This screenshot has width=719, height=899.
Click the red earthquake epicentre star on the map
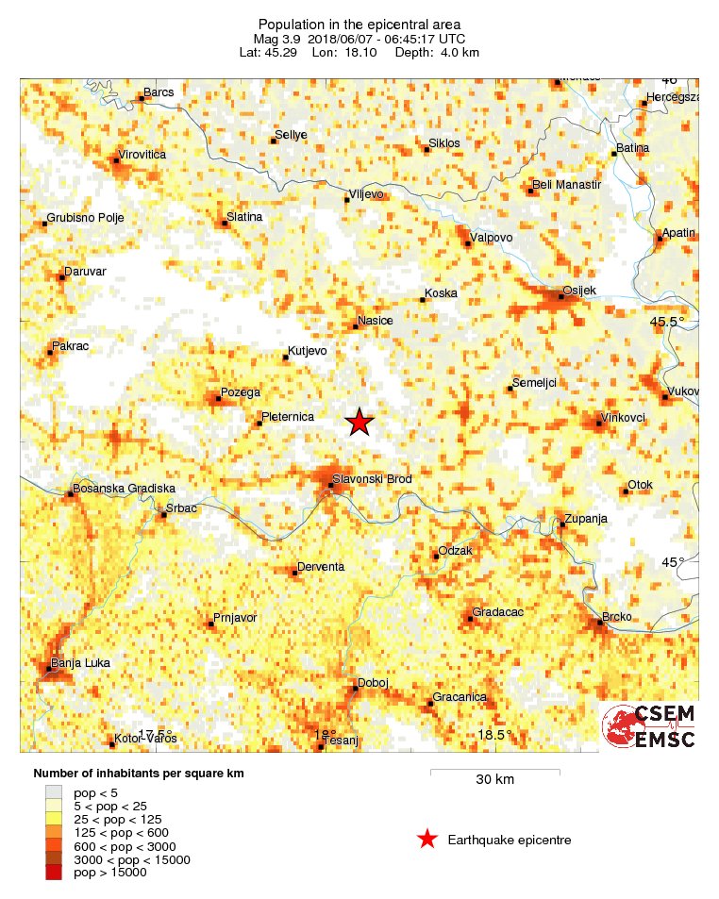(x=359, y=423)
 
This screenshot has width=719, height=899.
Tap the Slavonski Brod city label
(x=371, y=479)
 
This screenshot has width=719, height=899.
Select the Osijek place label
(x=579, y=290)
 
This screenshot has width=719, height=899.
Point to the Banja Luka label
(x=79, y=663)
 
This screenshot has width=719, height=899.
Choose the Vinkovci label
(x=624, y=417)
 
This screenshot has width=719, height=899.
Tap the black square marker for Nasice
(x=356, y=326)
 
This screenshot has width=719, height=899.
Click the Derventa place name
(x=321, y=567)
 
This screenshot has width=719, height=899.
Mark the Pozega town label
(x=240, y=392)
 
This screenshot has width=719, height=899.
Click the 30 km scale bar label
(x=494, y=780)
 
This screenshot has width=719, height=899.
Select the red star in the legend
(x=427, y=839)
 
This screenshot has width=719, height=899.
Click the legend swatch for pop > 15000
(x=54, y=874)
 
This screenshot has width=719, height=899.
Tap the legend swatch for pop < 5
(x=54, y=793)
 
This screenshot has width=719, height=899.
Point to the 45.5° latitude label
(x=668, y=323)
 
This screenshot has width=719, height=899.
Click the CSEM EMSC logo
(x=649, y=725)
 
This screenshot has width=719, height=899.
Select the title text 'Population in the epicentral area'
(x=359, y=24)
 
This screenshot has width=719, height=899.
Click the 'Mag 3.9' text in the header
(x=276, y=39)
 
